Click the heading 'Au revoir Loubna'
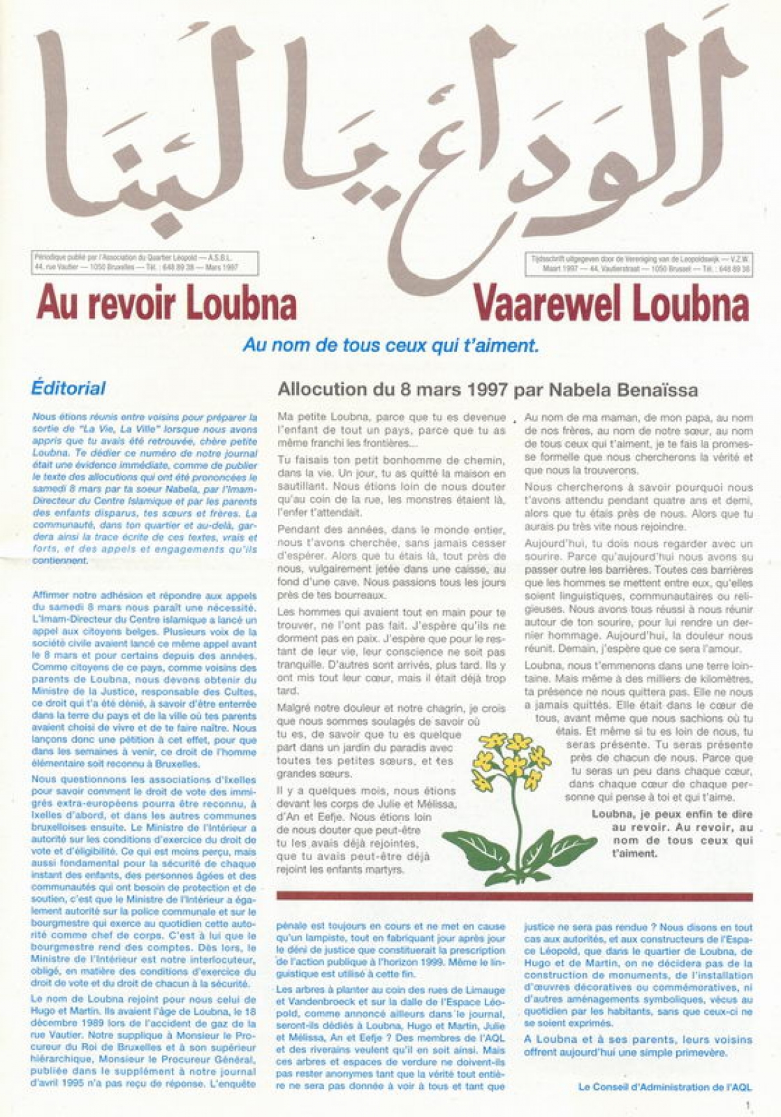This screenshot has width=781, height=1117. click(167, 303)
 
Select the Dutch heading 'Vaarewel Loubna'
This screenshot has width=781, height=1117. click(611, 303)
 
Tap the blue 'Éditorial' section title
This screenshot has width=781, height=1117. click(68, 389)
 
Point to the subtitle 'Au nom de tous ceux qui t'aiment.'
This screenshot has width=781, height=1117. click(390, 345)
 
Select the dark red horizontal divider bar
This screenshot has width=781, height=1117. click(514, 896)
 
